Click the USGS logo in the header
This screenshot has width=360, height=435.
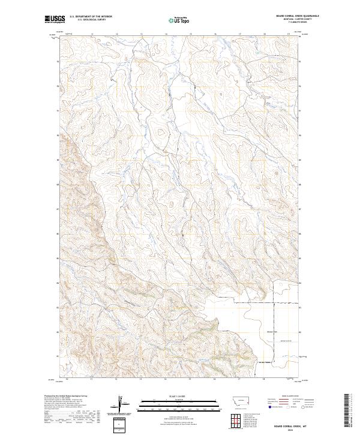pos(55,19)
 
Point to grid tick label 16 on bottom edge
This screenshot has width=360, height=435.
pos(214,380)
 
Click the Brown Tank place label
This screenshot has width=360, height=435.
pos(254,329)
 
